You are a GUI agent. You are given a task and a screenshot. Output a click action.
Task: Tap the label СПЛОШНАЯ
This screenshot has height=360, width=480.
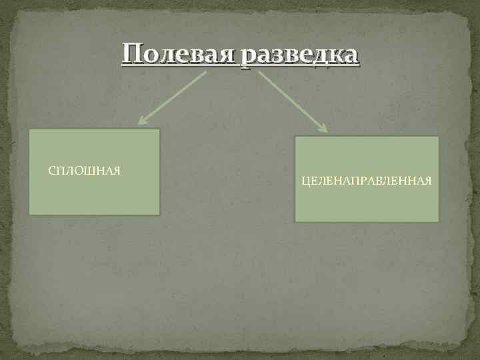point(85,171)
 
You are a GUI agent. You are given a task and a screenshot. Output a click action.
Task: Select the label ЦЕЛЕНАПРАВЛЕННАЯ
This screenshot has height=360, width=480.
point(367,181)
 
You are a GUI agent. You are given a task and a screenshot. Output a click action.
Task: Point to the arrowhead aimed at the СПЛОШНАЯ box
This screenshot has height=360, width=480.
point(141,121)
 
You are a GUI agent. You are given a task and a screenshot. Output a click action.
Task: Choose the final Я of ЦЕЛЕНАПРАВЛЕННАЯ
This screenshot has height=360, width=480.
point(427,181)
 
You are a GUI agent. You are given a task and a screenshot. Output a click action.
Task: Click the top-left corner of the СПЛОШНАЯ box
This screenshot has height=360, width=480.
point(29,129)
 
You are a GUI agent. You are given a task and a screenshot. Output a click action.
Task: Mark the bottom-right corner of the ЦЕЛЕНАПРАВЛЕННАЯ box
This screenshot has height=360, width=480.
point(439,221)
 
